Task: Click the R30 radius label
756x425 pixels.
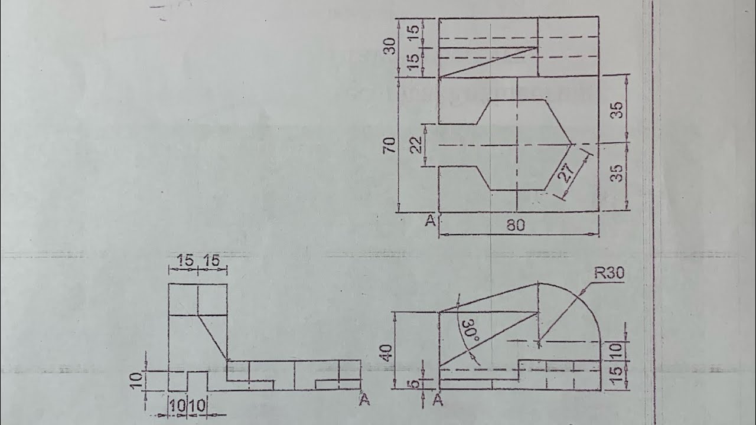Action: tap(609, 273)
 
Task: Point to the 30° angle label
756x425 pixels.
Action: tap(471, 332)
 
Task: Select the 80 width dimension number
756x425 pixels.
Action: tap(516, 225)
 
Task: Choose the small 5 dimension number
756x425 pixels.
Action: tap(415, 384)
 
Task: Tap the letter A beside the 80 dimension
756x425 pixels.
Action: tap(431, 221)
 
